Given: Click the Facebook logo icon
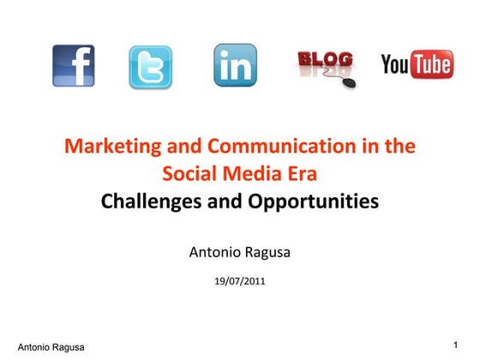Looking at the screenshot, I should coord(74,65).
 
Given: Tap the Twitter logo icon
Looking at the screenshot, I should coord(151,67).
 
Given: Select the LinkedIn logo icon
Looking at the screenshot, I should coord(235,65).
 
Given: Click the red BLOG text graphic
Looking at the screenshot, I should coord(325,59).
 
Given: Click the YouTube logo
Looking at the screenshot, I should coord(417,64).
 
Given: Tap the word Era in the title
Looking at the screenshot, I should coord(302,174).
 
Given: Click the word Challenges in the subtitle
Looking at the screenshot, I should coord(147,202).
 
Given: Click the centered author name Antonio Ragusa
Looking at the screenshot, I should coord(239,253).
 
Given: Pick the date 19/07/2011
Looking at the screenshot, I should coord(239,279).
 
